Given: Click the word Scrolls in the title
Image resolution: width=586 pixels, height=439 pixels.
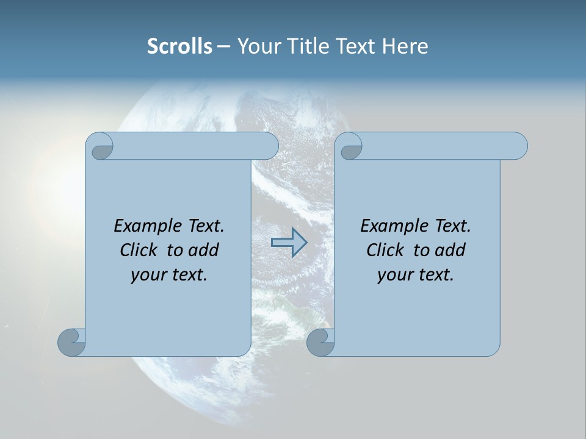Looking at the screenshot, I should tap(179, 46).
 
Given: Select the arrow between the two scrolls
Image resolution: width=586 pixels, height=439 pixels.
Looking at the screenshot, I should tap(289, 243).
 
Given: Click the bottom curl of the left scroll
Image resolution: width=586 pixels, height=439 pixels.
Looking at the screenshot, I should tap(71, 342).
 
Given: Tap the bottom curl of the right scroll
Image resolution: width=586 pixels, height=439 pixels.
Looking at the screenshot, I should tap(320, 342).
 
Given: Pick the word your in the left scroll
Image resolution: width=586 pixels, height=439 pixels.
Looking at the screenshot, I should tap(148, 274).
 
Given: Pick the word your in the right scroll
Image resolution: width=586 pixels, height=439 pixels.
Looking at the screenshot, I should tap(395, 274).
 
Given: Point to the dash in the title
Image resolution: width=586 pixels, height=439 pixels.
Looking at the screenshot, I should tap(223, 47).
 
